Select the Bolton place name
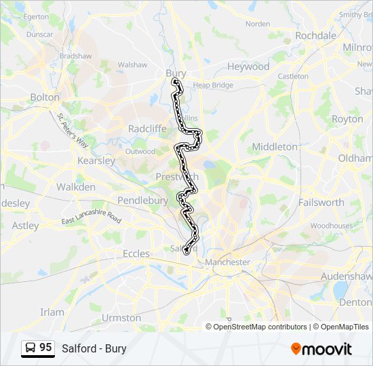45,97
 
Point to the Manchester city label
228,262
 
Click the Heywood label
248,66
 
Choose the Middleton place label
275,146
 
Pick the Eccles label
136,253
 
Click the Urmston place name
121,317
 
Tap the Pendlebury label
142,201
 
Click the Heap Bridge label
213,85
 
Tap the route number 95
45,348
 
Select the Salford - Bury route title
94,349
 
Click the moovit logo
321,349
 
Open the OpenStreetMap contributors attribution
260,327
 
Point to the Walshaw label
132,64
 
